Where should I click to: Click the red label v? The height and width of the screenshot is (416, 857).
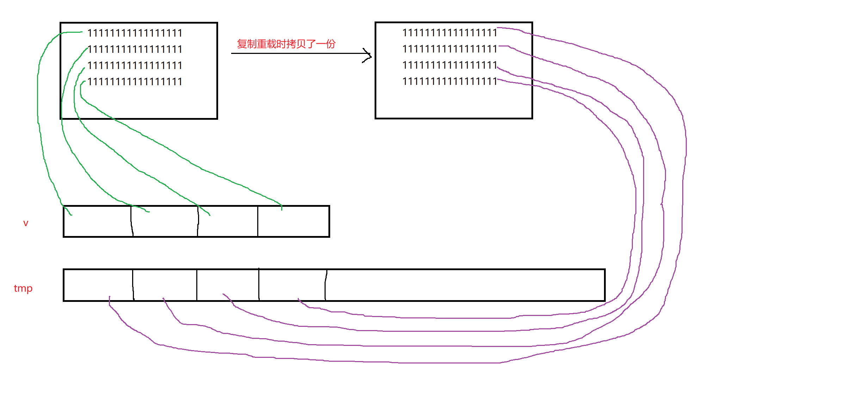[x=26, y=223]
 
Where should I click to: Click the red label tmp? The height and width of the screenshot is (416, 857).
[x=23, y=288]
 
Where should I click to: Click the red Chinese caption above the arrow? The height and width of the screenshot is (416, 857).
[x=286, y=44]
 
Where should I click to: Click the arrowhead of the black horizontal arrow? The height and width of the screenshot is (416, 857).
[x=369, y=55]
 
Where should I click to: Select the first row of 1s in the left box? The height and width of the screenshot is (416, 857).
[x=135, y=33]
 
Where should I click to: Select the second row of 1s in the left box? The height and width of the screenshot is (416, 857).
[x=135, y=49]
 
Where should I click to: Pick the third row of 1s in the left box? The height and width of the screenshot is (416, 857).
[x=135, y=66]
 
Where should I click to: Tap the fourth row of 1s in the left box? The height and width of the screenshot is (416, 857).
[x=135, y=82]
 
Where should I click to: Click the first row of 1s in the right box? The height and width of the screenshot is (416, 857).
[x=449, y=33]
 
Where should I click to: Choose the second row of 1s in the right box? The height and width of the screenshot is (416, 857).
[x=449, y=49]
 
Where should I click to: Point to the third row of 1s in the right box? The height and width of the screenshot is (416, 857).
[x=449, y=65]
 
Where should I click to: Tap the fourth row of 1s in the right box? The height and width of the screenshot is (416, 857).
[x=449, y=81]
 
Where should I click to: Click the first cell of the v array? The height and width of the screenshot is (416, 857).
[x=97, y=222]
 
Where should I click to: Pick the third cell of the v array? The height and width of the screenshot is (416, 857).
[x=228, y=222]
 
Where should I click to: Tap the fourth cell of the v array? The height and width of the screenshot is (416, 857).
[x=293, y=222]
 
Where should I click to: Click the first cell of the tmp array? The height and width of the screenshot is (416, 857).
[x=98, y=285]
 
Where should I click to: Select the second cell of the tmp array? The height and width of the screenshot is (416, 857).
[x=165, y=285]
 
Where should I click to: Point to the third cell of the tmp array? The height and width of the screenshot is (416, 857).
[x=228, y=285]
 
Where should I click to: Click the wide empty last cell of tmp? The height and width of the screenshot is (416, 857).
[x=465, y=285]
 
